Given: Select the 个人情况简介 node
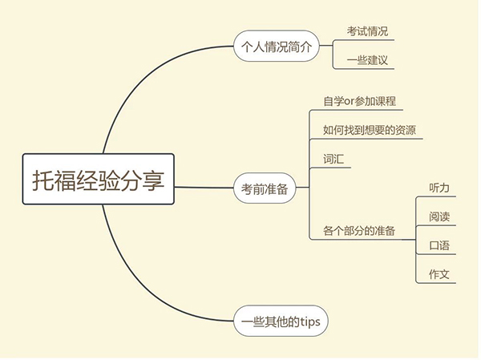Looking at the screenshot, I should point(275,47).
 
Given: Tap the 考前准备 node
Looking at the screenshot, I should point(265,189).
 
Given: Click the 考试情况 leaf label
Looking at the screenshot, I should point(368,30).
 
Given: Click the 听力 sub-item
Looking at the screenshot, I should point(439,188).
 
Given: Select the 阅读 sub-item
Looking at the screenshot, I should point(439,216).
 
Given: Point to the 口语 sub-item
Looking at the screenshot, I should point(439,245).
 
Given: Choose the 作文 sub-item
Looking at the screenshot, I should point(439,274).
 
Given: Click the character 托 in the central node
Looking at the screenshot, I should point(45,179).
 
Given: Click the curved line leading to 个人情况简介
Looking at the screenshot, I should point(144,80).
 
